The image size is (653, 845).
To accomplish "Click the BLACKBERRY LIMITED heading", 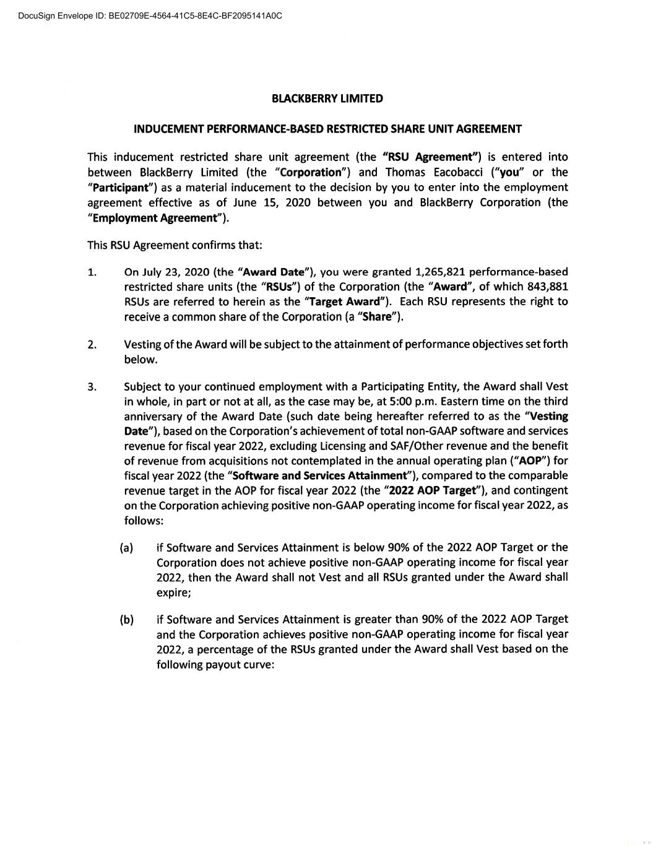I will [x=327, y=98].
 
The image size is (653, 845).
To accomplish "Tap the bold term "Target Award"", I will [x=345, y=301].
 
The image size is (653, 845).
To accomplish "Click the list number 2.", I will [x=92, y=345].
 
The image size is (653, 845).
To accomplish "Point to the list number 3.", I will [x=92, y=387].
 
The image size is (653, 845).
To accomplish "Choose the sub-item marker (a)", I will [x=126, y=548].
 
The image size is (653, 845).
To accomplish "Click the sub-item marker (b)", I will [x=126, y=620].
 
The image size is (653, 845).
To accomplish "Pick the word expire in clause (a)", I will [x=173, y=592].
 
